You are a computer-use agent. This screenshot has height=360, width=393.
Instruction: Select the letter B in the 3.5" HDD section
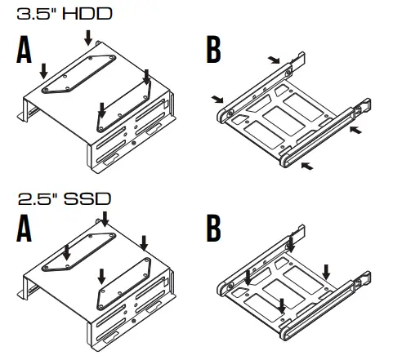click(213, 51)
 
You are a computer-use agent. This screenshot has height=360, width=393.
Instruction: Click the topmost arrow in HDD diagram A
click(88, 36)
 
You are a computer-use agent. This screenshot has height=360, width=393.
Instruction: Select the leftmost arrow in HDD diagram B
click(217, 100)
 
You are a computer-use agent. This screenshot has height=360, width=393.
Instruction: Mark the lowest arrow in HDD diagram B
click(306, 166)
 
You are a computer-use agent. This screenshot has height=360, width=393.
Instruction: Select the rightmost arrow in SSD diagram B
click(326, 269)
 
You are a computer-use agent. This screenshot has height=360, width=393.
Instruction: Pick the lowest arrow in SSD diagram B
click(282, 304)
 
